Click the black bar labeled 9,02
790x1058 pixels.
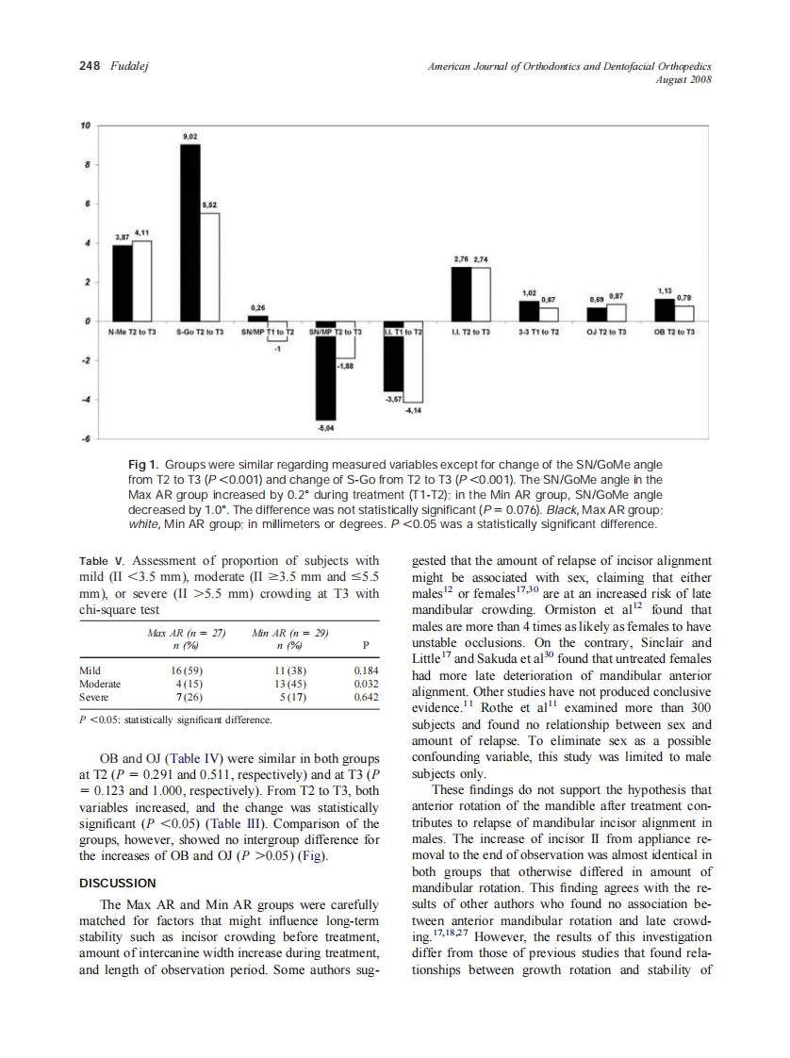[189, 233]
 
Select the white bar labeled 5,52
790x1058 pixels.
[209, 267]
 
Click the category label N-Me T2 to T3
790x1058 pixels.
[132, 333]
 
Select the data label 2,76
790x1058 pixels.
[462, 259]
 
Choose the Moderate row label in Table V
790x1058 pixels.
[100, 684]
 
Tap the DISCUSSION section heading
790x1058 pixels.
[117, 884]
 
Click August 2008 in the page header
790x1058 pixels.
[683, 79]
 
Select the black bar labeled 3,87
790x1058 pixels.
[123, 283]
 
